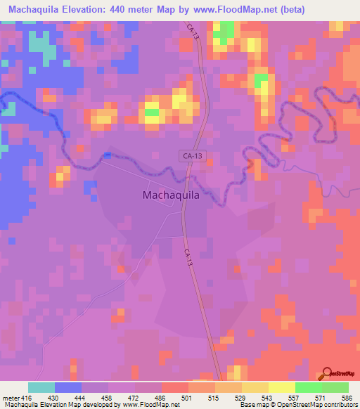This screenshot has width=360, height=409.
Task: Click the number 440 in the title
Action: pyautogui.click(x=134, y=10)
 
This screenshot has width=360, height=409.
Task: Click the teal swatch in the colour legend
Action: pyautogui.click(x=41, y=387)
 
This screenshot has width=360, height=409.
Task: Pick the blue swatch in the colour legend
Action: pyautogui.click(x=68, y=387)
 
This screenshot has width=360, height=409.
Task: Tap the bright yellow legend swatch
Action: pyautogui.click(x=281, y=387)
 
